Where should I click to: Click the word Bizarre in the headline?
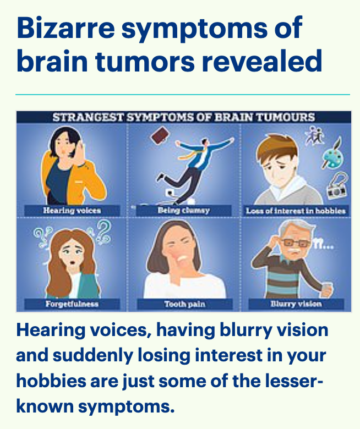66,28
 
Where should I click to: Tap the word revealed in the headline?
261,61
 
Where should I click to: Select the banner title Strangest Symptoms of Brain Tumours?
184,117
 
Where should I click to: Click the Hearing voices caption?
72,211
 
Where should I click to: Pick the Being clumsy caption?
184,211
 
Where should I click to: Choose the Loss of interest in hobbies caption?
296,211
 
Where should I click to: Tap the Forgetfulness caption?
72,304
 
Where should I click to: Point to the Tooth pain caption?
185,304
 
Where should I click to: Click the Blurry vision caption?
296,304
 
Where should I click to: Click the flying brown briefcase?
160,135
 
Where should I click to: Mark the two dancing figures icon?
315,135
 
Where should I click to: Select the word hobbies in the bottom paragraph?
51,381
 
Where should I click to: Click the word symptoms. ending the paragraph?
126,407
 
